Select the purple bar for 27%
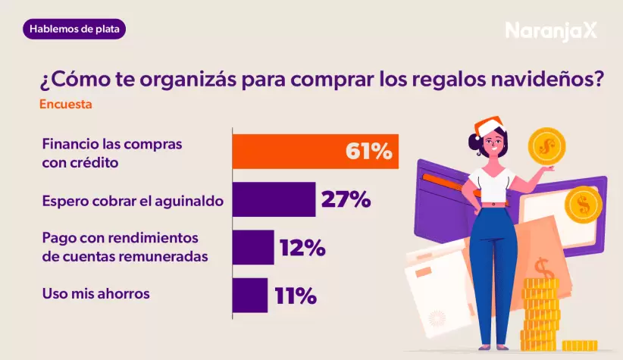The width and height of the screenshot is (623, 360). pos(273,200)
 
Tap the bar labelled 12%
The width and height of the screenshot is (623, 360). pos(252,248)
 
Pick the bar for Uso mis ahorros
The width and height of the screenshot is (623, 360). pos(249,295)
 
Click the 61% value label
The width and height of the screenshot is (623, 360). pos(369,152)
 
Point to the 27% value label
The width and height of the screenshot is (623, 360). pos(346,200)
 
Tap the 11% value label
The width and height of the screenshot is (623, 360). pos(295,295)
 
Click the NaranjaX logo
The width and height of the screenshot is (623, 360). pos(551,30)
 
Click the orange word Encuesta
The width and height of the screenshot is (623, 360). pos(66,105)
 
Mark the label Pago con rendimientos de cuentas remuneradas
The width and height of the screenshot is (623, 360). pos(124,248)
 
